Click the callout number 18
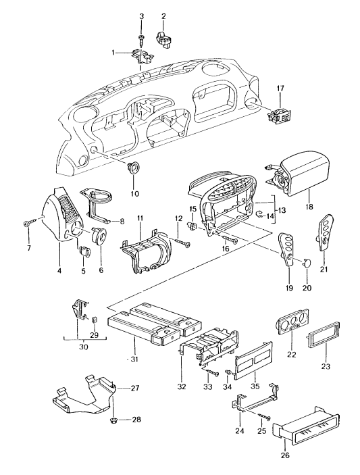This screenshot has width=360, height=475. pyautogui.click(x=309, y=207)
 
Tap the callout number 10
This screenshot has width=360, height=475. pyautogui.click(x=134, y=193)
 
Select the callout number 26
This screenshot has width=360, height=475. pyautogui.click(x=285, y=464)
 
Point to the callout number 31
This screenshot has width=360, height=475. pyautogui.click(x=134, y=359)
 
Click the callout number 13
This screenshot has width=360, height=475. pyautogui.click(x=282, y=210)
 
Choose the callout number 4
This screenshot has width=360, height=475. pyautogui.click(x=59, y=270)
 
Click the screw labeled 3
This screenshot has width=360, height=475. pyautogui.click(x=141, y=37)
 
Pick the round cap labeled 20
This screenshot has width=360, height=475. pyautogui.click(x=307, y=262)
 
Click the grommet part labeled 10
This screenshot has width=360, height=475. pyautogui.click(x=133, y=168)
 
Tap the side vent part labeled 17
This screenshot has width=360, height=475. pyautogui.click(x=280, y=115)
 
